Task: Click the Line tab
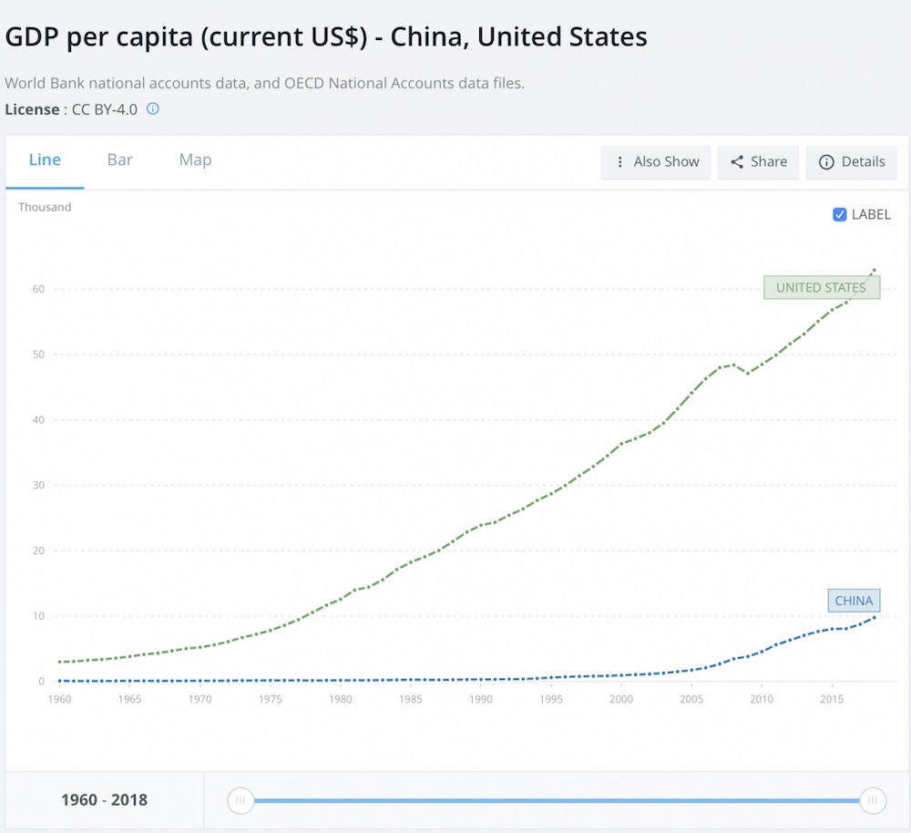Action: point(45,160)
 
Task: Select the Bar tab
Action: point(120,160)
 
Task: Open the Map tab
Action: point(195,160)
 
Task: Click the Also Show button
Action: point(656,162)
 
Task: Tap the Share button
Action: point(759,162)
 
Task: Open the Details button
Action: point(852,162)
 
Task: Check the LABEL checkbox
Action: point(840,215)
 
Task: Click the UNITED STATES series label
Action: point(821,288)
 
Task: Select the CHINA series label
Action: point(854,601)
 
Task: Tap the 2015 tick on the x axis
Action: point(832,699)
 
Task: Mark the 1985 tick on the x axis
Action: point(411,699)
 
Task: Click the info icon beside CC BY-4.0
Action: point(153,109)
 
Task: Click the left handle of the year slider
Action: point(241,801)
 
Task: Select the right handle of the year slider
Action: point(873,801)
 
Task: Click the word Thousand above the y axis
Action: point(45,207)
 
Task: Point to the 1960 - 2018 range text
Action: point(104,801)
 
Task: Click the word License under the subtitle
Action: point(32,109)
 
